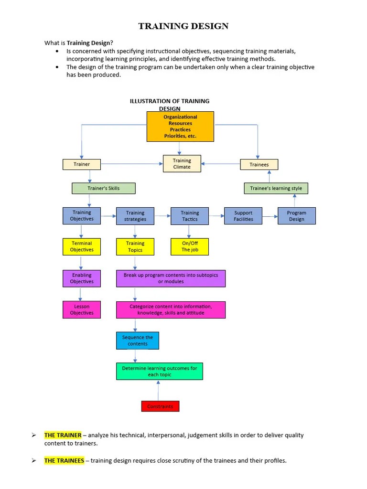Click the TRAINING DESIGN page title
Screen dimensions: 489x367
click(183, 26)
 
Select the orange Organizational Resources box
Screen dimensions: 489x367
click(180, 127)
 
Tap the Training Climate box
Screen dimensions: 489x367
click(182, 164)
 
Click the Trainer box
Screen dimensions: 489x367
click(82, 164)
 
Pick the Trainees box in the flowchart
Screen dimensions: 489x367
click(259, 164)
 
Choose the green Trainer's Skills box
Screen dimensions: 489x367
click(104, 188)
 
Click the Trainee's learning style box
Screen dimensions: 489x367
click(276, 188)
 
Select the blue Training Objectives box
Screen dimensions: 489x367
click(82, 216)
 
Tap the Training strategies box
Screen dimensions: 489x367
click(135, 216)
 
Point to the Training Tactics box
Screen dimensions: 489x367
click(190, 216)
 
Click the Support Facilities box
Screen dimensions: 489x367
click(243, 216)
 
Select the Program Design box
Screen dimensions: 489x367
click(297, 216)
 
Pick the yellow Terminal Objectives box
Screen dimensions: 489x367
click(82, 246)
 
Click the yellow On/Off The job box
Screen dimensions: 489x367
click(190, 246)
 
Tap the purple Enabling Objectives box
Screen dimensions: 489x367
click(82, 278)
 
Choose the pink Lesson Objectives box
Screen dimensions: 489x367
click(82, 309)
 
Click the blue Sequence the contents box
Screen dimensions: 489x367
click(138, 340)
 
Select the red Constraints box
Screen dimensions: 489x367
click(160, 406)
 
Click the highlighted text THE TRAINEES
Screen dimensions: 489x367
click(64, 461)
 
